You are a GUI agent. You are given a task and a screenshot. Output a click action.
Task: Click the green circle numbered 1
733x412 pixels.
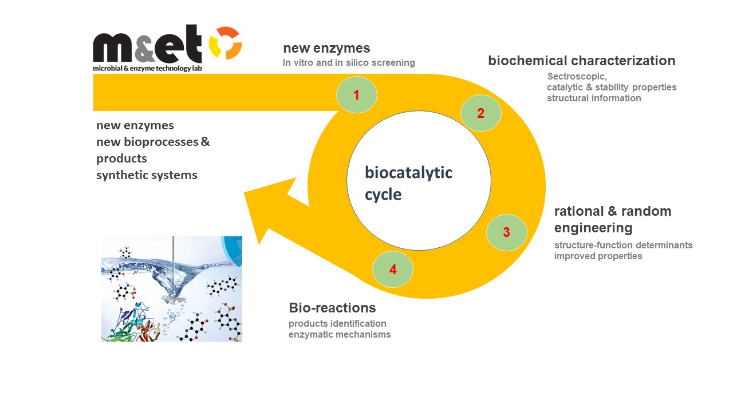click(x=356, y=95)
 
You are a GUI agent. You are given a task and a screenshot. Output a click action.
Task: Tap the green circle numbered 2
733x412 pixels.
click(x=481, y=113)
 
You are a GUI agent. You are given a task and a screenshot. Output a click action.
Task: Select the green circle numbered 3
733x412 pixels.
click(x=506, y=232)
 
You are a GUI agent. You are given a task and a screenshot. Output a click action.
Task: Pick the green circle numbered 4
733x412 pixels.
click(x=393, y=269)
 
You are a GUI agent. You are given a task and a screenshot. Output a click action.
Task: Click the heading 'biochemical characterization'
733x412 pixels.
click(x=581, y=61)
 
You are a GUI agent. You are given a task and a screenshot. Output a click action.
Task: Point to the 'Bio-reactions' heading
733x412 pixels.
click(x=332, y=308)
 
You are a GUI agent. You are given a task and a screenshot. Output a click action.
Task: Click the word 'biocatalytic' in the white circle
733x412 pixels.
click(x=408, y=172)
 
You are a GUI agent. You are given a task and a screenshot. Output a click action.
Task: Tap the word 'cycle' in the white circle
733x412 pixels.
click(x=383, y=195)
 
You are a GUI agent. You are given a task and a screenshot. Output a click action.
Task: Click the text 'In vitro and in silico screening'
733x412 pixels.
click(x=349, y=62)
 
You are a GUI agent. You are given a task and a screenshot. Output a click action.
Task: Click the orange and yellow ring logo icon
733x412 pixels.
click(x=225, y=43)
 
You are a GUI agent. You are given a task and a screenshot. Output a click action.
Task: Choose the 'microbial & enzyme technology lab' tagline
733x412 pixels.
click(x=147, y=68)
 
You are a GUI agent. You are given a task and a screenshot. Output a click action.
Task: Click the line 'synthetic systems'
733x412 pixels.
click(x=147, y=175)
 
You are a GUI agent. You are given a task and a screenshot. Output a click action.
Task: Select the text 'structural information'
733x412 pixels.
click(x=594, y=98)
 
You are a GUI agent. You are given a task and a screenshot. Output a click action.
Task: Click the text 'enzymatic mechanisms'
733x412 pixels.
click(x=340, y=334)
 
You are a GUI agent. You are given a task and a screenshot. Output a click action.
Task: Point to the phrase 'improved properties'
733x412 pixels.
click(x=598, y=256)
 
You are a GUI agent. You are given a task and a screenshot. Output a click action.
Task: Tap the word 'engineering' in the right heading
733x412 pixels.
click(x=593, y=228)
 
